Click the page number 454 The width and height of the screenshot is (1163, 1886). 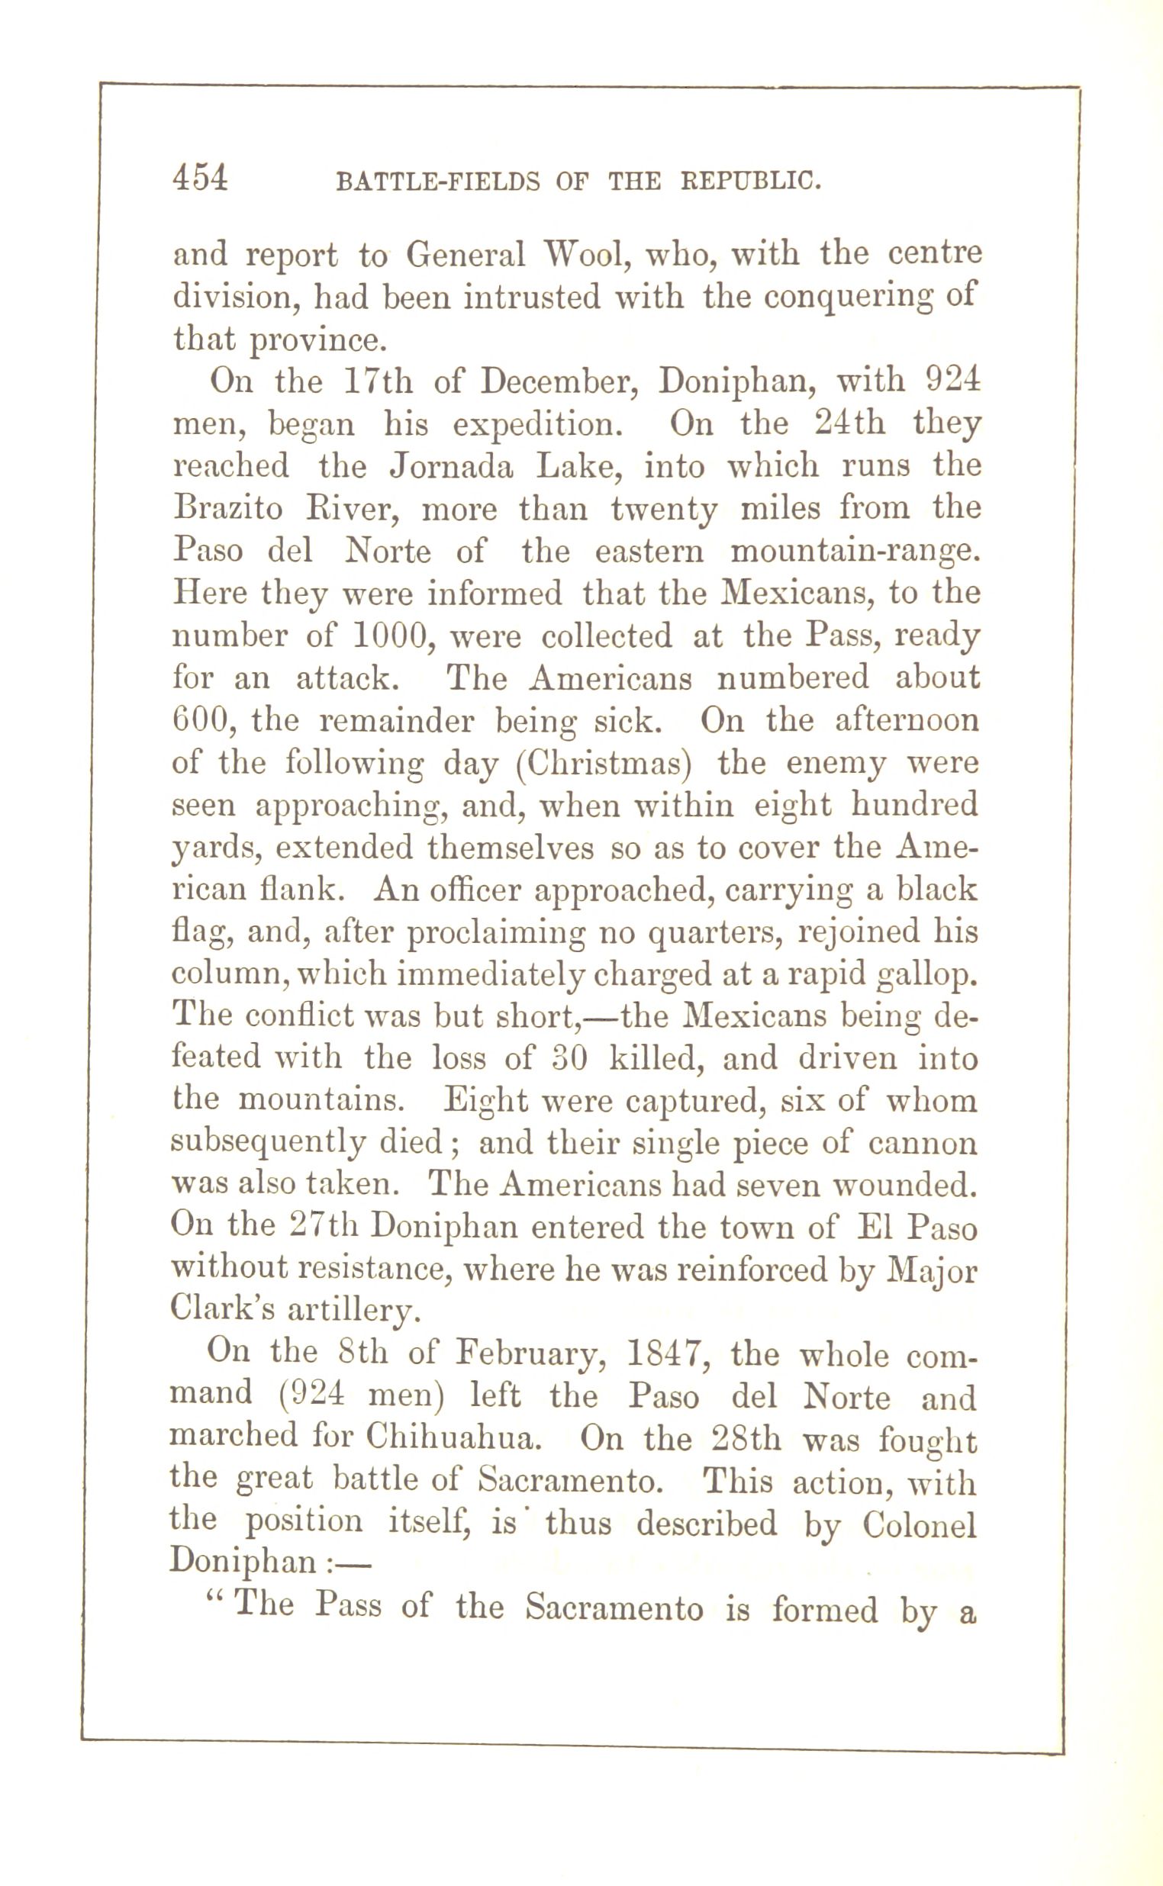(201, 179)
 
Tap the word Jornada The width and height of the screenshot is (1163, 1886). (451, 467)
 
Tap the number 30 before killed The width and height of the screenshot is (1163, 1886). (570, 1059)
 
